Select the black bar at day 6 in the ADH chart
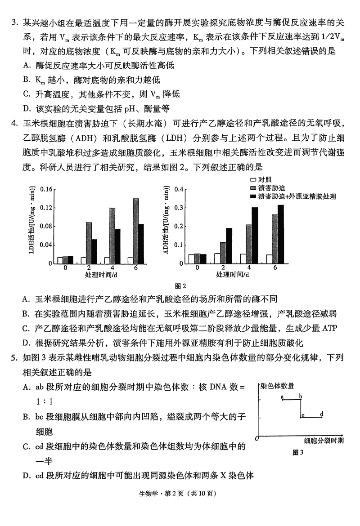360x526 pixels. pyautogui.click(x=281, y=235)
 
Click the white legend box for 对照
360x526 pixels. pyautogui.click(x=252, y=180)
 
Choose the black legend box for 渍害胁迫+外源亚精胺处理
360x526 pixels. pyautogui.click(x=252, y=196)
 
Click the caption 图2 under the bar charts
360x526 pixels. pyautogui.click(x=180, y=286)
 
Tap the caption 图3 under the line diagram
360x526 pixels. pyautogui.click(x=298, y=452)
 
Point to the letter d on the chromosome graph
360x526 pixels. pyautogui.click(x=321, y=414)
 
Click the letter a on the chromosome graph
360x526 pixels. pyautogui.click(x=282, y=397)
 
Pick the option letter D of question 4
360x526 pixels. pyautogui.click(x=26, y=343)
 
